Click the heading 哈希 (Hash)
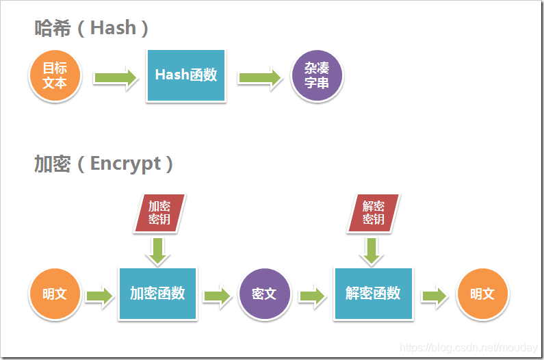coord(92,28)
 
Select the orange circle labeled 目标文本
coord(55,75)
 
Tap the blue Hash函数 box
coord(185,75)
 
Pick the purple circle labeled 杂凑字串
coord(317,76)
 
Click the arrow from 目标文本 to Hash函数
coord(115,77)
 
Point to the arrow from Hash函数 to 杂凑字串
coord(260,77)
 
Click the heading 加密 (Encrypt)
coord(103,164)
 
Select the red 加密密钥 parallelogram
coord(159,212)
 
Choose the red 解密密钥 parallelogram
coord(374,212)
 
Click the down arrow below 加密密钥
coord(158,250)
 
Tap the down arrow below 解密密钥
coord(372,250)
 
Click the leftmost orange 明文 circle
coord(55,294)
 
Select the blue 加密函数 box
coord(157,294)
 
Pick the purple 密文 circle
coord(264,294)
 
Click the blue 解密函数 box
coord(373,294)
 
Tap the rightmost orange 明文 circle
coord(482,294)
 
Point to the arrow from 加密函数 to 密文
coord(217,296)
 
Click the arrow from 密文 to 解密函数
coord(312,296)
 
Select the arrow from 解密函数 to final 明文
coord(434,296)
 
